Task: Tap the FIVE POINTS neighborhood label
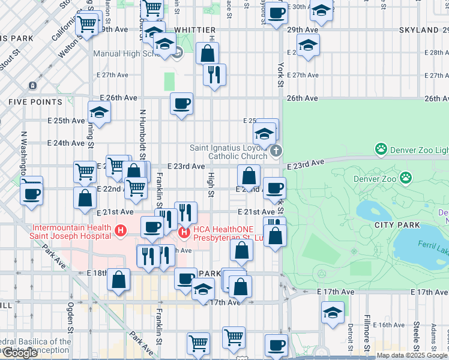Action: click(x=35, y=103)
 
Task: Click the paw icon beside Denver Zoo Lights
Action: click(x=380, y=148)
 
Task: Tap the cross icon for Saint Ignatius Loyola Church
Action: click(x=276, y=151)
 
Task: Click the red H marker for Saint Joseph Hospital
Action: click(x=121, y=229)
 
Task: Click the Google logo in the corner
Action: click(x=19, y=353)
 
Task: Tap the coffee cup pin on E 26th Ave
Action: click(x=181, y=104)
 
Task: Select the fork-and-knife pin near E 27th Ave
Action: click(x=214, y=75)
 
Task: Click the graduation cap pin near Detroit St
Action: click(x=333, y=312)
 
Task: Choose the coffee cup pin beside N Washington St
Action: click(x=31, y=193)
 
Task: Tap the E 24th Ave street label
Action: click(x=67, y=143)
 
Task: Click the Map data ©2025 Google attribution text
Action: click(x=412, y=355)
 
